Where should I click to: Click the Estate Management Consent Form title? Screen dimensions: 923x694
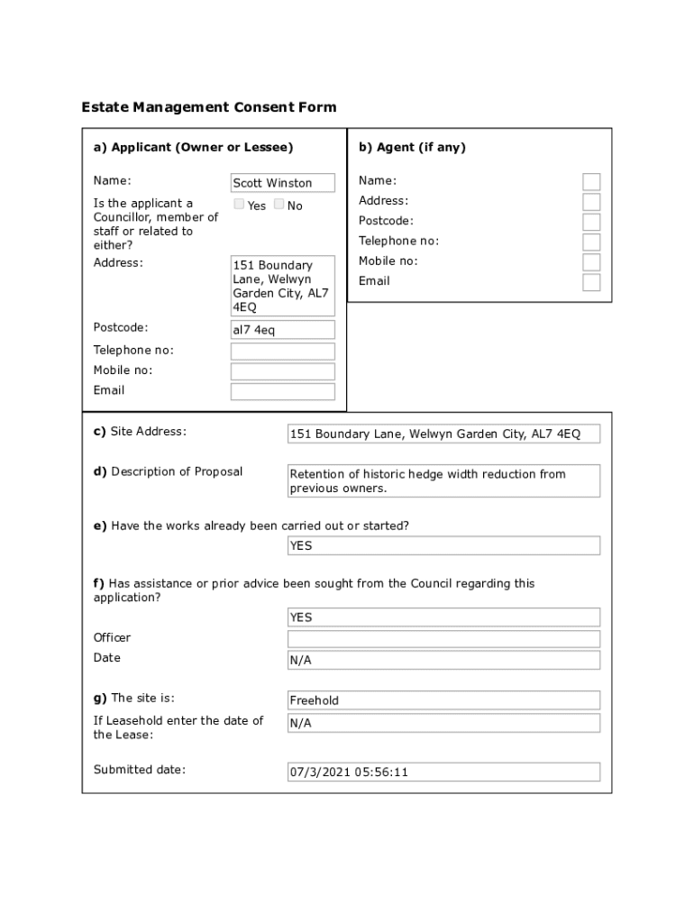[x=209, y=107]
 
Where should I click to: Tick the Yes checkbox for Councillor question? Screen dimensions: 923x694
[x=239, y=205]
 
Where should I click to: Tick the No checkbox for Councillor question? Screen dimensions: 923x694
[x=279, y=205]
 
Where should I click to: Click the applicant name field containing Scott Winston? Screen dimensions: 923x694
[x=282, y=183]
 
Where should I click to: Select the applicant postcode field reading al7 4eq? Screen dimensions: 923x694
[x=282, y=330]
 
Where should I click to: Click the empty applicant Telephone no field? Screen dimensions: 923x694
[x=282, y=351]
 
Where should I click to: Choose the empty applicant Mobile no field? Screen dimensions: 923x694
[x=282, y=371]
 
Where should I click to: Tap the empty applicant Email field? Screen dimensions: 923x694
[x=282, y=391]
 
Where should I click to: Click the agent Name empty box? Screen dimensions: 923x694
[x=591, y=181]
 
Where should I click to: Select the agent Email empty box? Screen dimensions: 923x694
[x=591, y=282]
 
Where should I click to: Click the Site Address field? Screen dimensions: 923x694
[x=443, y=434]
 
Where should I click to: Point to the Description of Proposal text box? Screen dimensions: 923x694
[x=443, y=481]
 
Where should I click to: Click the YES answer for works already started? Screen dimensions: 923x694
[x=443, y=545]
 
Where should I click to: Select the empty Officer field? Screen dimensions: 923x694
[x=443, y=639]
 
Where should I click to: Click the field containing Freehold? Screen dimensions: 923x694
[x=443, y=700]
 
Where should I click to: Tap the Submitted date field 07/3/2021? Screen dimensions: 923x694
[x=443, y=772]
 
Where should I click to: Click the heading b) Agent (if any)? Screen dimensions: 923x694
[x=412, y=147]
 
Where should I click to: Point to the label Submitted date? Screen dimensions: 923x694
[x=140, y=770]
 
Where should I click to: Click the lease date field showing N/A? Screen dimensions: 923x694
[x=443, y=723]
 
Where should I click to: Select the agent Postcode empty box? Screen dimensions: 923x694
[x=591, y=222]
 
